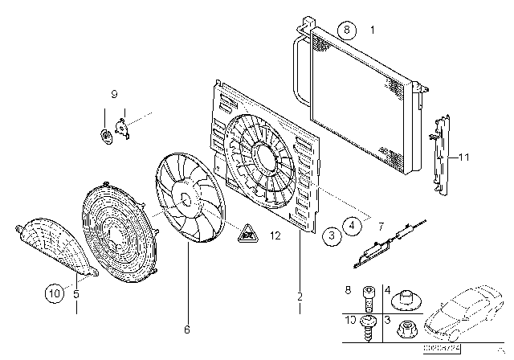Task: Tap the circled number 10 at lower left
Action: [x=54, y=295]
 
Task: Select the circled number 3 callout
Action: [x=331, y=236]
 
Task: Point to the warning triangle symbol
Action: [x=245, y=235]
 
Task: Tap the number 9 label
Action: [x=112, y=95]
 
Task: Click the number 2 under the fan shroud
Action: [x=300, y=297]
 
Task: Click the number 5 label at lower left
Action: [x=76, y=294]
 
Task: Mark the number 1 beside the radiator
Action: [x=372, y=30]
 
